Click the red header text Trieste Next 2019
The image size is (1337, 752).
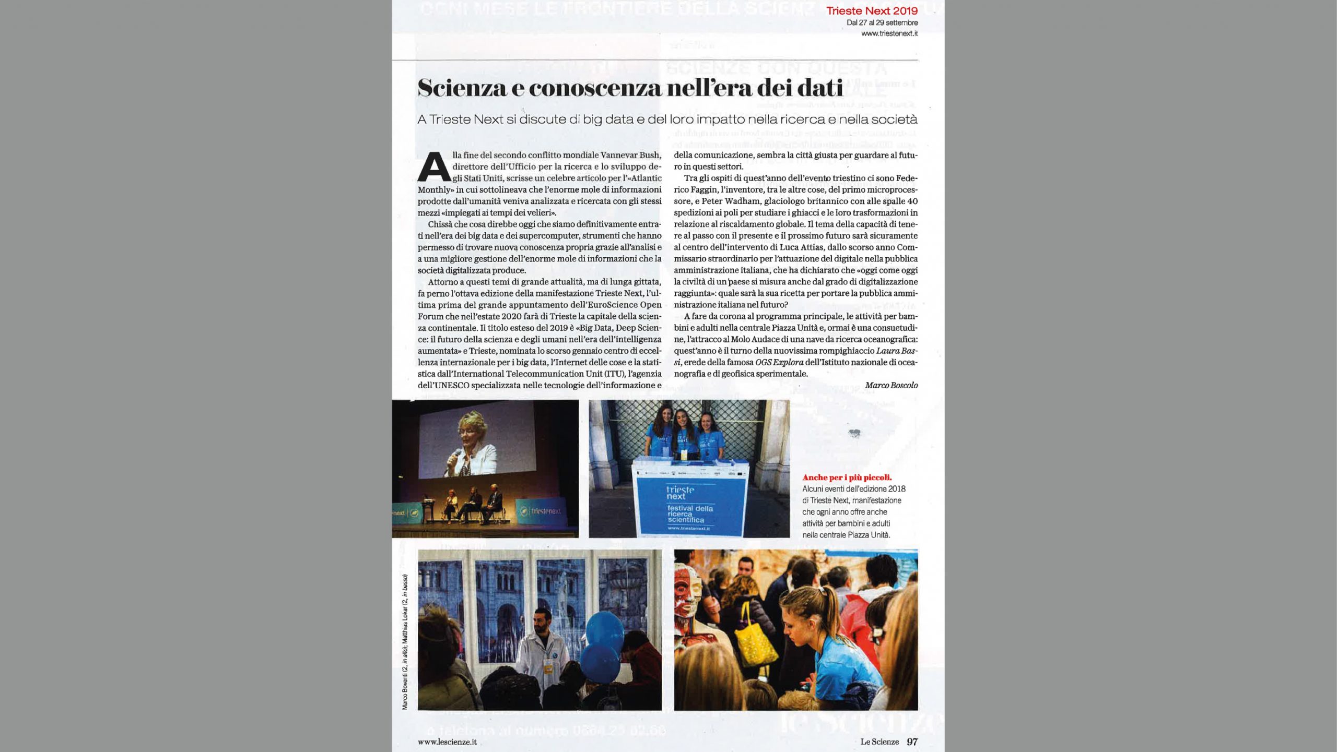click(872, 10)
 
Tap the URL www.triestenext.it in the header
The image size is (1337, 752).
click(889, 33)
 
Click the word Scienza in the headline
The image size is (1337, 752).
click(462, 88)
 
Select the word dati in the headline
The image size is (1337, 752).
click(818, 88)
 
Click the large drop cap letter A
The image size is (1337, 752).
click(434, 166)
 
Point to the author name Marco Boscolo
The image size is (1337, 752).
click(891, 385)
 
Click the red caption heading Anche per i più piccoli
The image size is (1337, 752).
click(847, 478)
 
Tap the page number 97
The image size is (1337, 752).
click(912, 741)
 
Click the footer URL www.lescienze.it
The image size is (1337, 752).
click(447, 741)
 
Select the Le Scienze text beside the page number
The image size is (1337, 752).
click(880, 741)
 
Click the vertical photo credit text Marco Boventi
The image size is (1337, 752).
click(405, 688)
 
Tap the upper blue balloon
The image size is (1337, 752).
click(605, 631)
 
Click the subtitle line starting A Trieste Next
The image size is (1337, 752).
click(667, 120)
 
